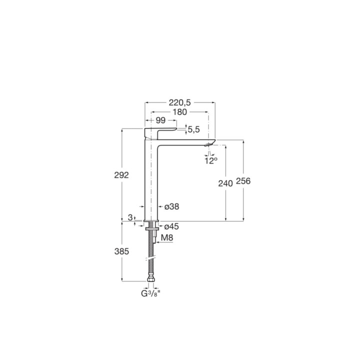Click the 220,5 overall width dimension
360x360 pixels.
pos(180,102)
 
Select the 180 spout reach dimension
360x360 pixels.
pos(180,112)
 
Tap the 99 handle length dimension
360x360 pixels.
pos(160,120)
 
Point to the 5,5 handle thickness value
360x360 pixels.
pos(194,129)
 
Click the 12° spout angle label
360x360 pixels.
pos(211,160)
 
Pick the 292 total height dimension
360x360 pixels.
pos(121,175)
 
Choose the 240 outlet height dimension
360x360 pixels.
pos(225,183)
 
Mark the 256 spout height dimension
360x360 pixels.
pos(243,181)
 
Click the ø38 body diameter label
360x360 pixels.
pos(171,206)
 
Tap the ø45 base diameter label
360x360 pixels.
pos(171,226)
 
